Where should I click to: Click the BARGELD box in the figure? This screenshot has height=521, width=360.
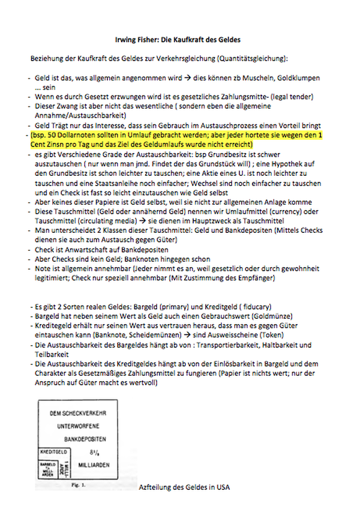47,467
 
